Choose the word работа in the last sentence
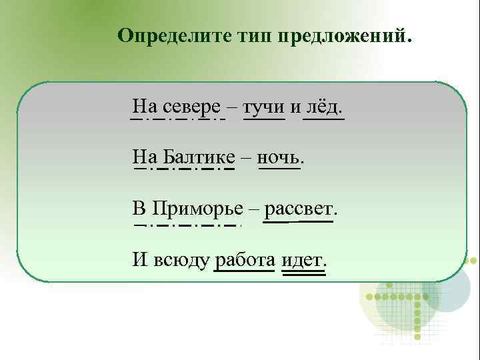pyautogui.click(x=244, y=259)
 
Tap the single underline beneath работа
pyautogui.click(x=244, y=271)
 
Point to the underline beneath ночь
pyautogui.click(x=279, y=169)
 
